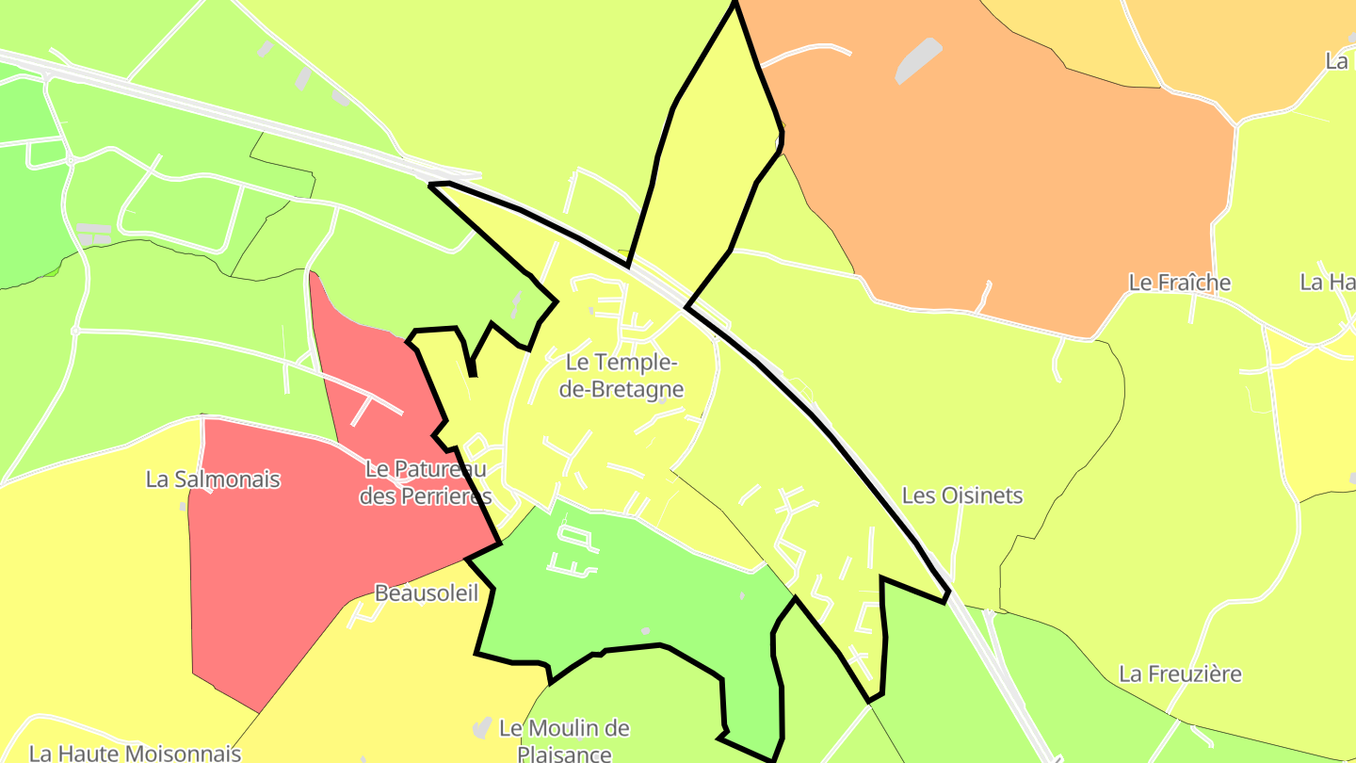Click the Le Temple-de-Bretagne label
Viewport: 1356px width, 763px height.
click(621, 375)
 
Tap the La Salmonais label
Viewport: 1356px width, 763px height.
click(213, 479)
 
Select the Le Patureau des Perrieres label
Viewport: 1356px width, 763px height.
click(426, 482)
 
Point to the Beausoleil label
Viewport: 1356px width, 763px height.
click(426, 593)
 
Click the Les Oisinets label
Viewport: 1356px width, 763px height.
click(961, 495)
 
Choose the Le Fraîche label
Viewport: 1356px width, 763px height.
click(1179, 283)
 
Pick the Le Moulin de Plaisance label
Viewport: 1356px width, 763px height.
click(564, 740)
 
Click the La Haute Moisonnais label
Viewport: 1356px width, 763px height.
click(135, 753)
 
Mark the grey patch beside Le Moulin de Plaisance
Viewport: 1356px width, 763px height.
click(482, 727)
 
